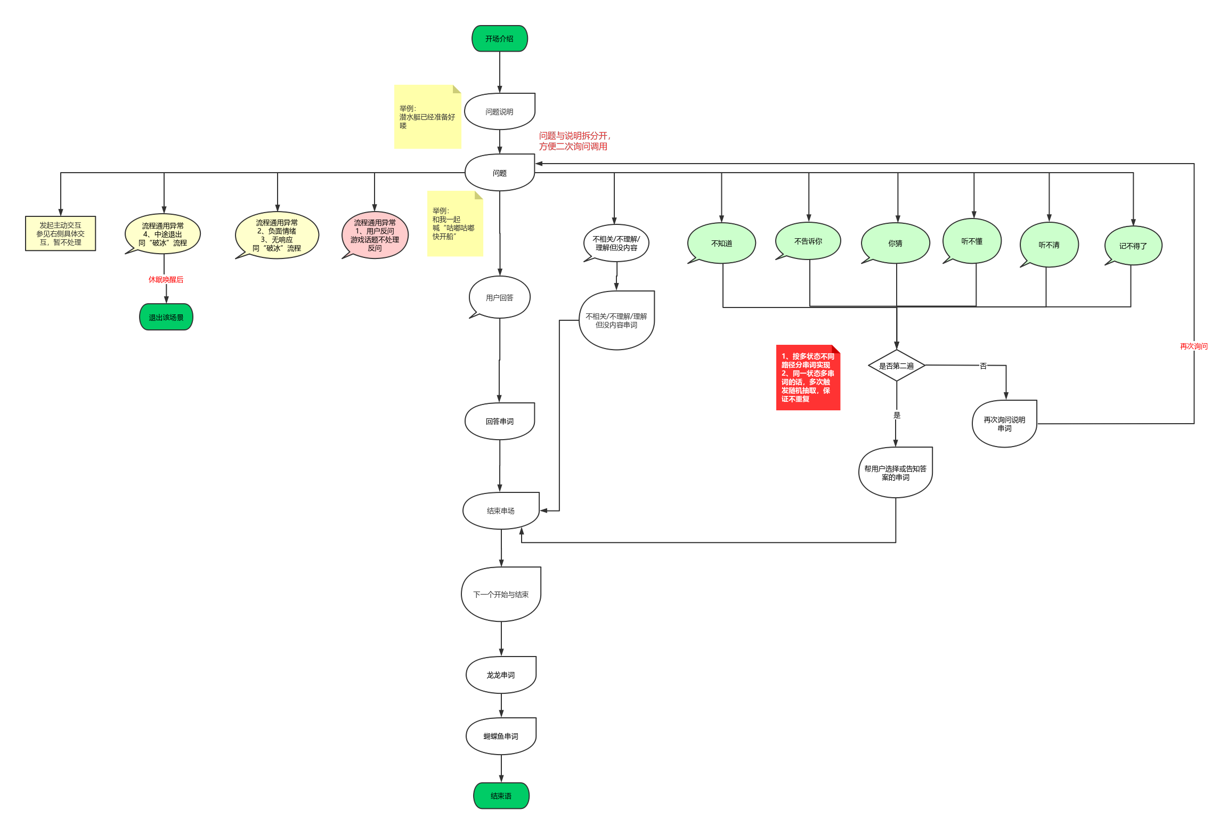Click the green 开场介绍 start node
coord(499,38)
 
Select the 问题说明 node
coord(499,111)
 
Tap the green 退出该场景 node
coord(166,317)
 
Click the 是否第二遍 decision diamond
coord(896,366)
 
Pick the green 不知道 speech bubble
coord(721,243)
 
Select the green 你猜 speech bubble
coord(895,243)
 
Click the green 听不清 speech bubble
coord(1049,245)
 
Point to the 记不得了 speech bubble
coord(1133,246)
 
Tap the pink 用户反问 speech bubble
coord(375,235)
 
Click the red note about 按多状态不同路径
coord(808,377)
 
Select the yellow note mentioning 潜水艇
coord(427,117)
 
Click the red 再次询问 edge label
coord(1193,346)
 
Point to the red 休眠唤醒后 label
coord(166,279)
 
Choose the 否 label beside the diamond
coord(983,366)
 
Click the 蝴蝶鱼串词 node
coord(500,736)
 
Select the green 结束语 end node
coord(501,796)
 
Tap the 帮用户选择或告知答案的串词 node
coord(895,473)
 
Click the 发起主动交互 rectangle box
coord(60,233)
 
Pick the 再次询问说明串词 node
coord(1004,424)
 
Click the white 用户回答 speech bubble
coord(499,297)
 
